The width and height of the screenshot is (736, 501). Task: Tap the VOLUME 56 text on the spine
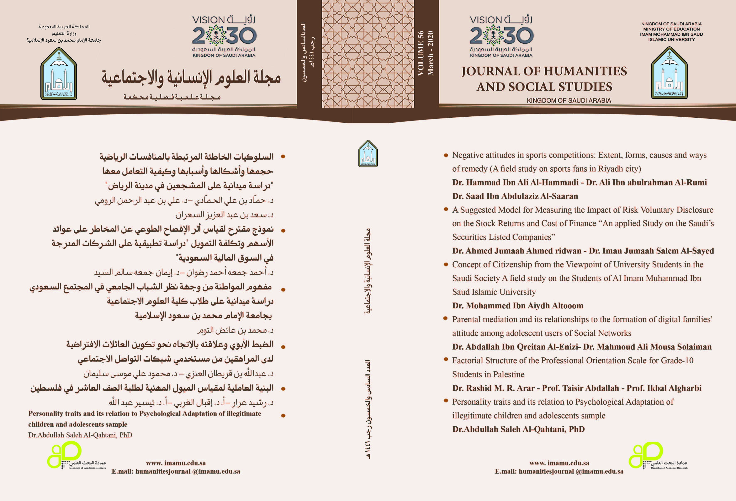[x=420, y=53]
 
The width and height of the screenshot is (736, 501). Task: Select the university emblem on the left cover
[x=59, y=74]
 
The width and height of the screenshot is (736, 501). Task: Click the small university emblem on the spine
[x=368, y=154]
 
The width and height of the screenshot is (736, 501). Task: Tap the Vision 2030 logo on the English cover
[x=501, y=36]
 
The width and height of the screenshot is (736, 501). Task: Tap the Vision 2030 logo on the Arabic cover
[x=224, y=36]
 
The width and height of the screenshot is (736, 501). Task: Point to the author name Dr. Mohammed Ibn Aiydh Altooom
[x=518, y=306]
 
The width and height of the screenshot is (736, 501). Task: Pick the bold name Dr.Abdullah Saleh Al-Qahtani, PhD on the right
[x=518, y=430]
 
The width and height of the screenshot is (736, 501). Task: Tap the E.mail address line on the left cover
[x=176, y=471]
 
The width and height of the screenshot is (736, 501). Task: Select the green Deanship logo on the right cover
[x=646, y=454]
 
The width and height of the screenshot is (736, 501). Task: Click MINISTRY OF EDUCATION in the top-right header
[x=671, y=29]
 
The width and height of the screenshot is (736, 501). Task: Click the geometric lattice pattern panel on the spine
[x=368, y=54]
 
